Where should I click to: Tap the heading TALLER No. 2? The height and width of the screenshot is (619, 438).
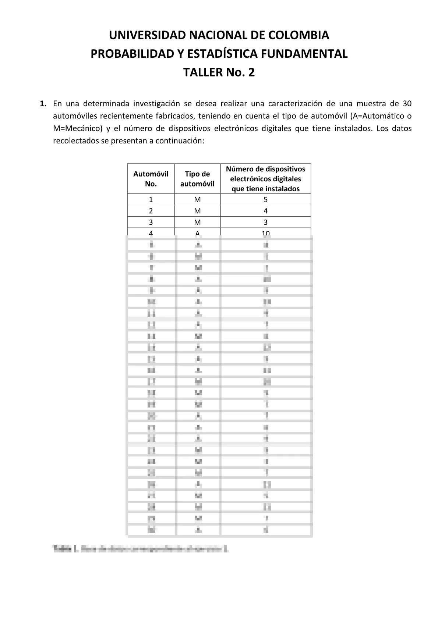tap(219, 72)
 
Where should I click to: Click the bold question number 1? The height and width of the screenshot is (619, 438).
tap(43, 103)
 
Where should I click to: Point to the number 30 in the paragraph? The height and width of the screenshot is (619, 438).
tap(407, 103)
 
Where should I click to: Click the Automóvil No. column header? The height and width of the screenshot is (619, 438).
tap(151, 179)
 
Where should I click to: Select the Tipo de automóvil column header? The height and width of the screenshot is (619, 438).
tap(197, 179)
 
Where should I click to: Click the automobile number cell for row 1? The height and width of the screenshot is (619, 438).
tap(151, 200)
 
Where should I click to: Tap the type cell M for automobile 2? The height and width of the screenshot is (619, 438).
tap(197, 211)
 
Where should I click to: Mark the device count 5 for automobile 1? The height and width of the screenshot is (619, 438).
tap(265, 200)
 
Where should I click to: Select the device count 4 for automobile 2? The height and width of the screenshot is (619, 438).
tap(265, 211)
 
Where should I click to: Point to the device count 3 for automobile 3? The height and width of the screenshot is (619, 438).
tap(265, 222)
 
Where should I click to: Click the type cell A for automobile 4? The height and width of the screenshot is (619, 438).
tap(197, 233)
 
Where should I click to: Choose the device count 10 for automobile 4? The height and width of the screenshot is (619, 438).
tap(265, 233)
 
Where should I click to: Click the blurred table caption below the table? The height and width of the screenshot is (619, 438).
tap(141, 549)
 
